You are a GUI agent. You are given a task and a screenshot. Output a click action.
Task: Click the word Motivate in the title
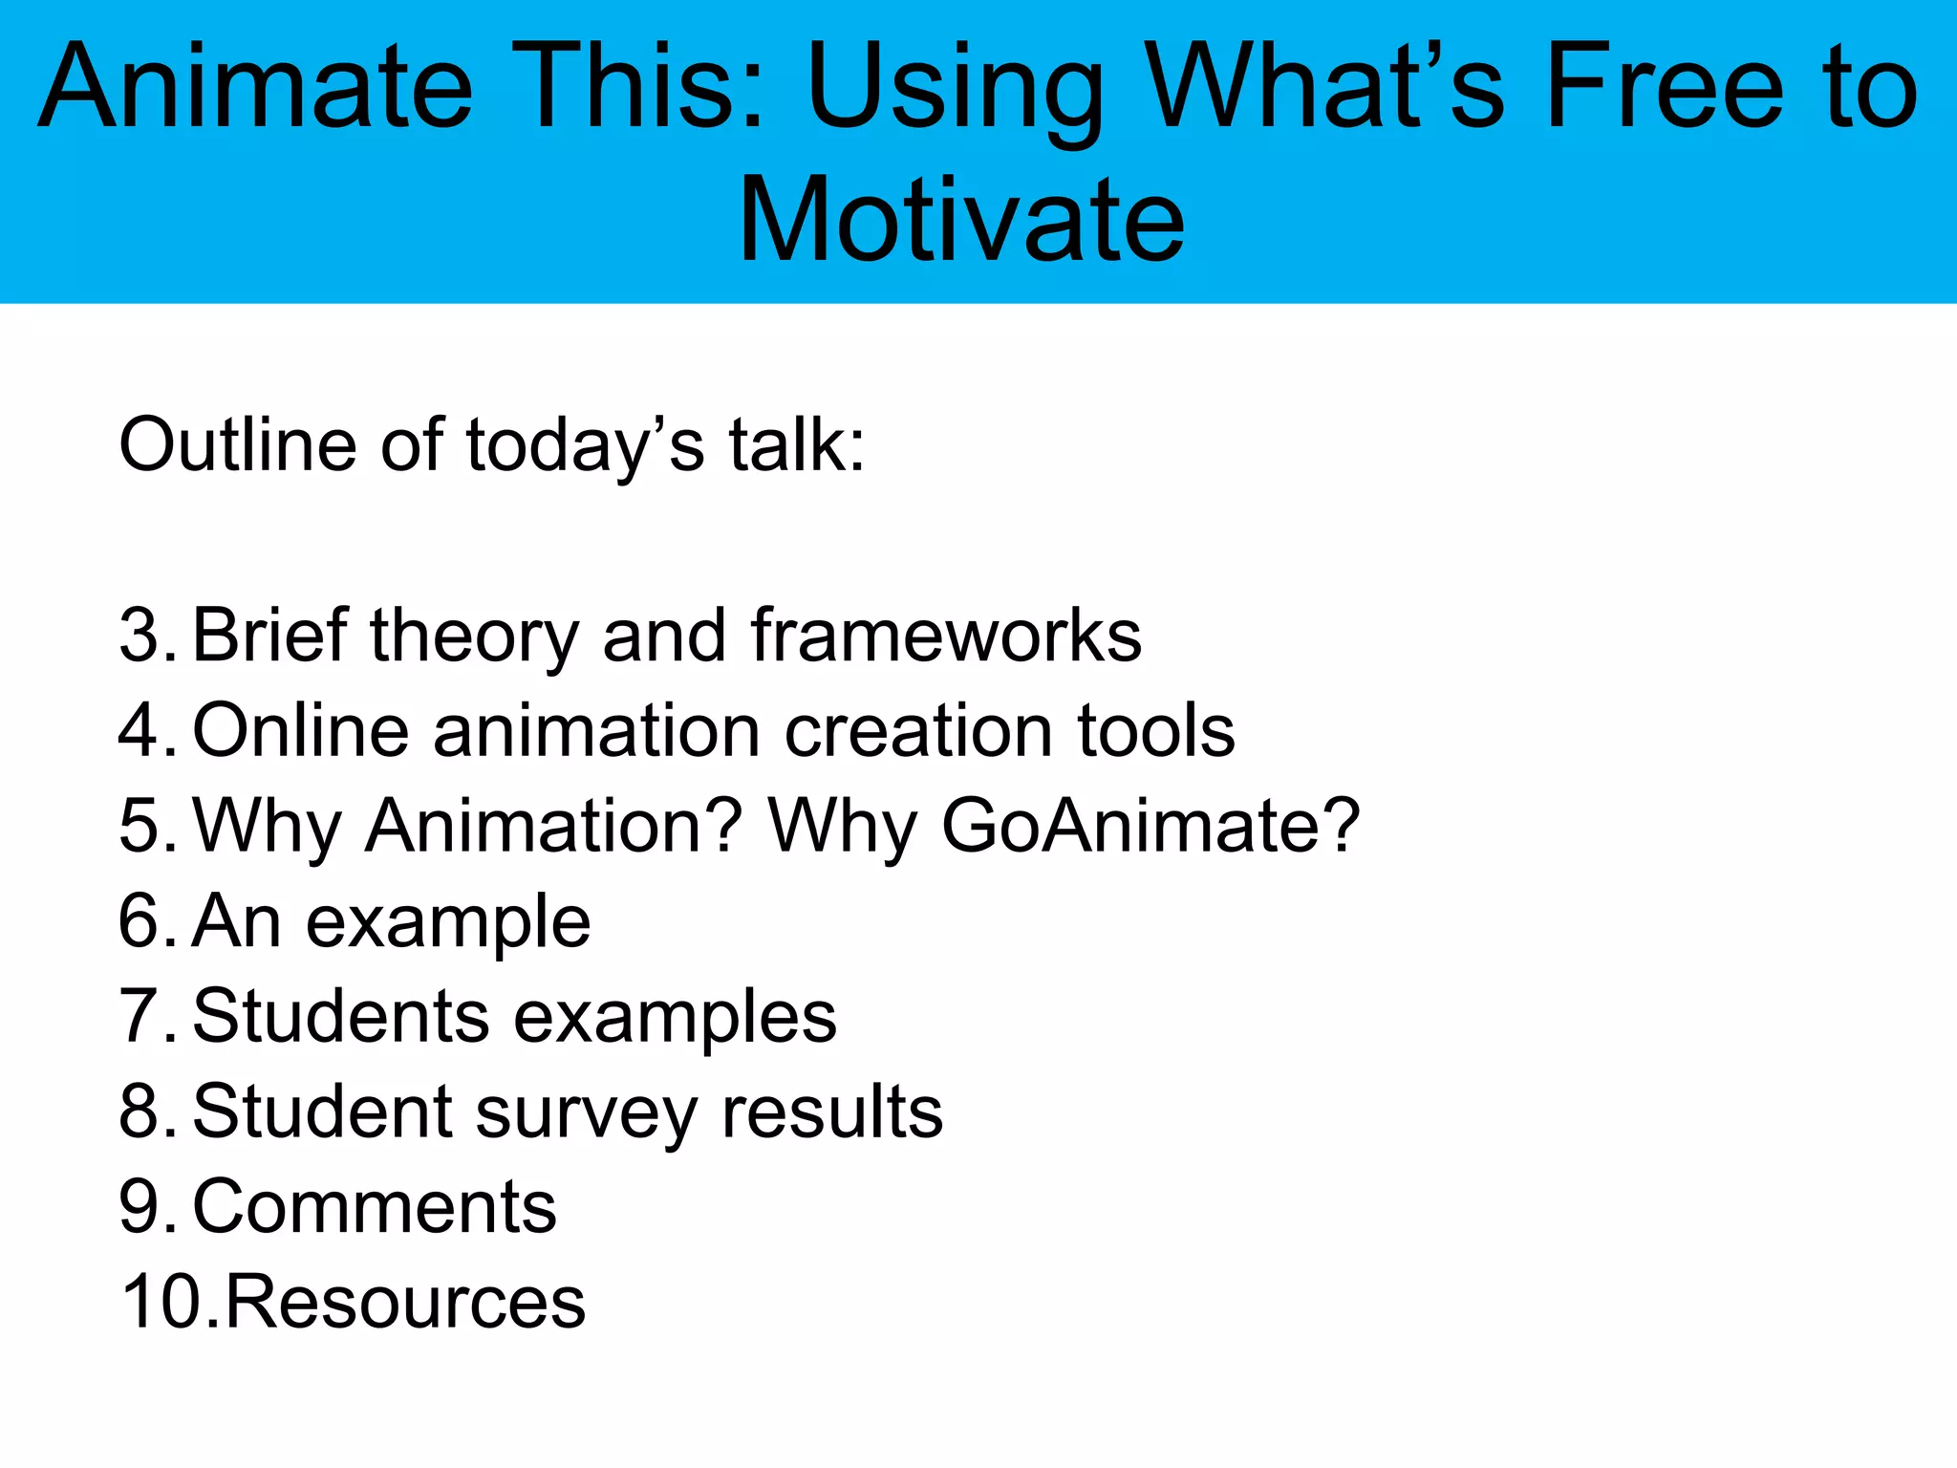(x=961, y=221)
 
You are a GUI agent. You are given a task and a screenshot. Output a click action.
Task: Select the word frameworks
(x=945, y=636)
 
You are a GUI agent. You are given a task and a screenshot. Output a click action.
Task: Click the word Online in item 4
(x=301, y=731)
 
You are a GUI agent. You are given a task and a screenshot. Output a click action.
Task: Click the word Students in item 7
(x=341, y=1016)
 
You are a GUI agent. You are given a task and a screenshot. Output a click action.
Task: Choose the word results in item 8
(x=831, y=1112)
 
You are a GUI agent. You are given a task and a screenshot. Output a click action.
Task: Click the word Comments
(x=375, y=1207)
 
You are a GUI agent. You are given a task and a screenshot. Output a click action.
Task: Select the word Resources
(x=405, y=1302)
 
